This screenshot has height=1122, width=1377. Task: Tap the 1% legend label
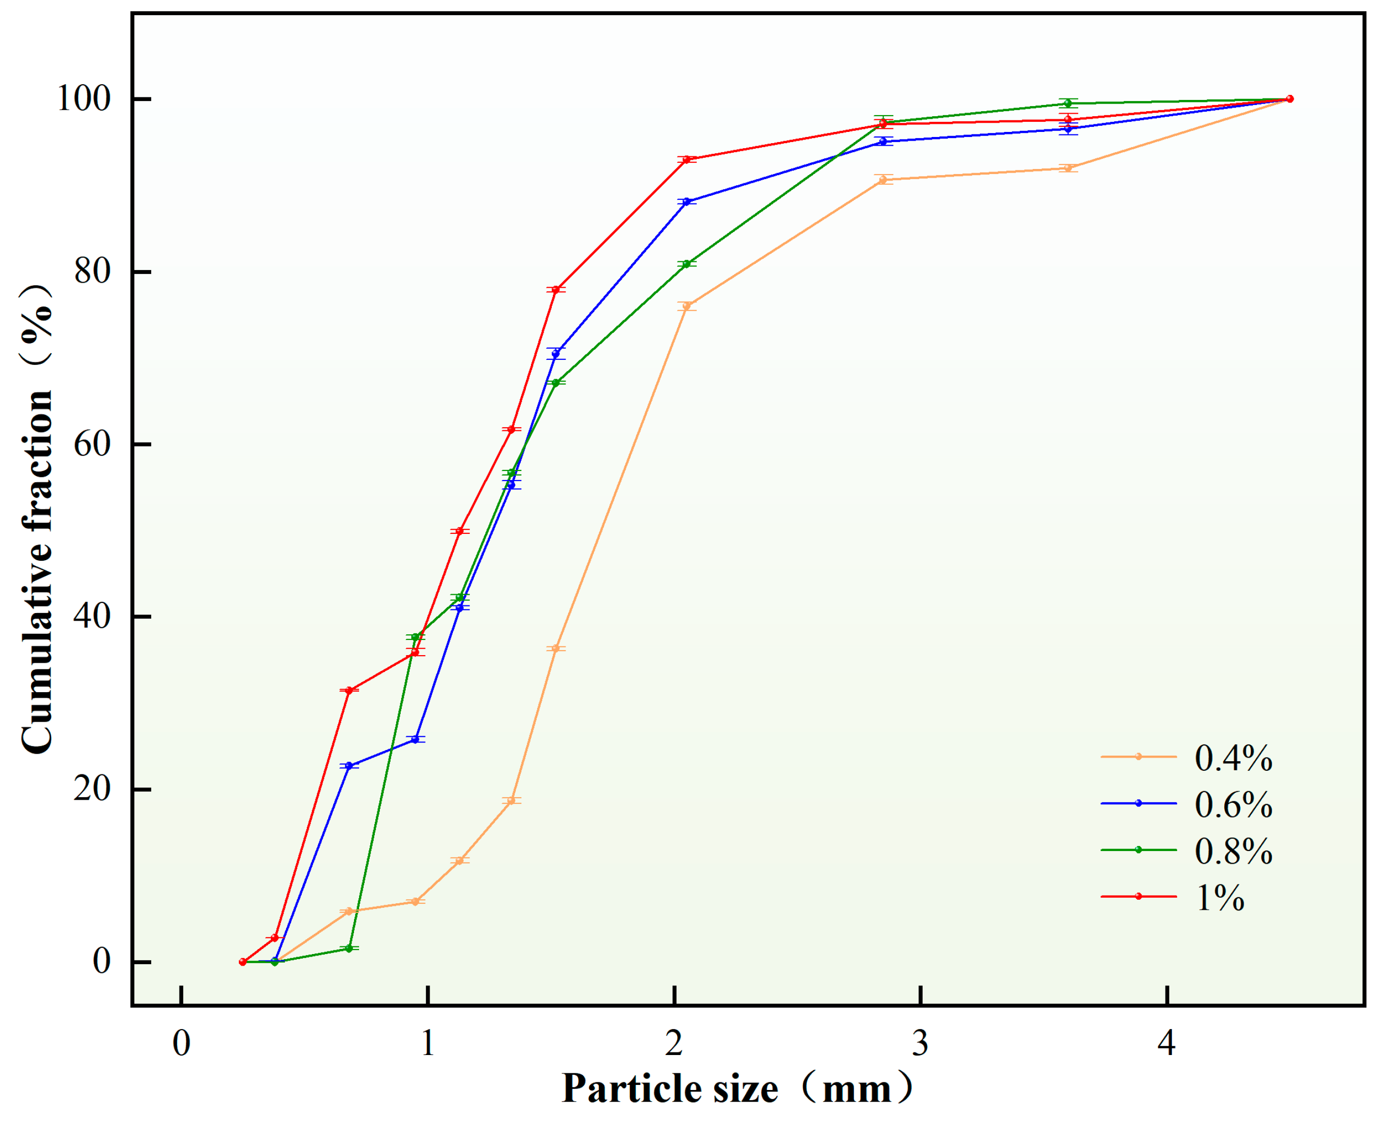pos(1219,897)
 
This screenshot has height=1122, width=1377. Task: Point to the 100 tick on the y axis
pos(84,99)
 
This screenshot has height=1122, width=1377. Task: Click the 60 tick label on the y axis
pos(92,444)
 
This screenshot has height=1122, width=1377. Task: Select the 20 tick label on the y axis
pos(92,789)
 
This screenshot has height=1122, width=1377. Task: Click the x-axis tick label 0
pos(182,1042)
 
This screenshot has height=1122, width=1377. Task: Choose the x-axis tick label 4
pos(1166,1042)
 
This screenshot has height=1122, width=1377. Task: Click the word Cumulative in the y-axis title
pos(38,659)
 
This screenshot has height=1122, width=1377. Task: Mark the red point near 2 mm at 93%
pos(687,159)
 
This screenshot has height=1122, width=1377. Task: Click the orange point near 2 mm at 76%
pos(687,305)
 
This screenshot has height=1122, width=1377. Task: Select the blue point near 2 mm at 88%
pos(687,201)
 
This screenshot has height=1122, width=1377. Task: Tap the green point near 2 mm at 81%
pos(687,264)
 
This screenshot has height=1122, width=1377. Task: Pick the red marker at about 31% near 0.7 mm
pos(349,691)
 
